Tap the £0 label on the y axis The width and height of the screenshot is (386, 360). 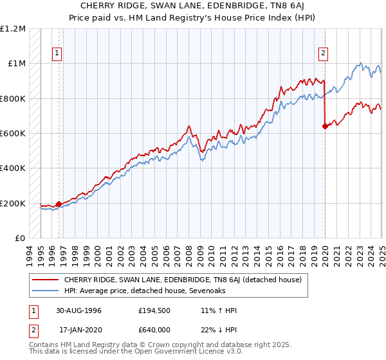click(21, 238)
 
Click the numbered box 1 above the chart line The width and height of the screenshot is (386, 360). click(57, 54)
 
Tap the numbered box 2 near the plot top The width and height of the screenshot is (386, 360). click(323, 54)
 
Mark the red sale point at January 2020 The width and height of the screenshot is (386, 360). click(325, 126)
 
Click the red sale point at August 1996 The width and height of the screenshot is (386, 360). click(59, 204)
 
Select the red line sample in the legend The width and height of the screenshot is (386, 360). click(46, 280)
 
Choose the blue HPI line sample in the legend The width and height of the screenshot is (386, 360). click(46, 290)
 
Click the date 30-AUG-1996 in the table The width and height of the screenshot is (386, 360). click(88, 310)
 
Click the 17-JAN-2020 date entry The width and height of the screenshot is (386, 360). click(88, 328)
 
